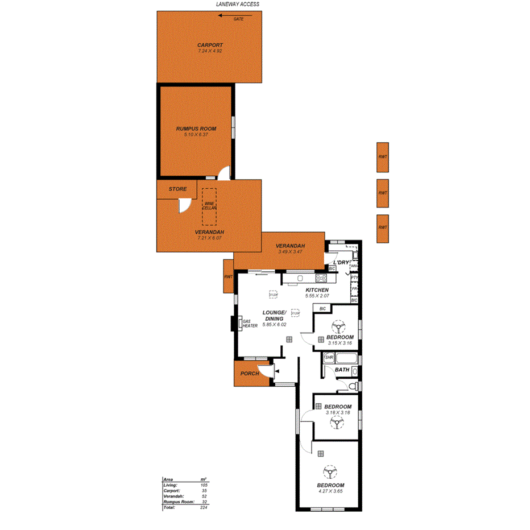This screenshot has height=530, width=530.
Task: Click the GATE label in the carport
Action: (238, 19)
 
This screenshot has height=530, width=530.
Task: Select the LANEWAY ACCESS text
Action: (238, 4)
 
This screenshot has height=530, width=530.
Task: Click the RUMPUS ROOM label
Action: (196, 129)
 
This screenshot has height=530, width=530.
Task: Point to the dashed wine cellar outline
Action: (209, 207)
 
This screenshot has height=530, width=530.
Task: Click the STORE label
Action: (177, 189)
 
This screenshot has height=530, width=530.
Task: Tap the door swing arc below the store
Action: (183, 205)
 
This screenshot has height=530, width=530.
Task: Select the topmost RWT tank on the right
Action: (383, 157)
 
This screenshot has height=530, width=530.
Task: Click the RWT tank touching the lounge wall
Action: (229, 276)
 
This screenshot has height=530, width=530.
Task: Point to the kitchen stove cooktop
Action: (321, 279)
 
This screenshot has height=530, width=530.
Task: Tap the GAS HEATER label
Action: (250, 324)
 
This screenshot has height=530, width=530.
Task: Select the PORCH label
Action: (250, 374)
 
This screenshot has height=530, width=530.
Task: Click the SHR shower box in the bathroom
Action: (328, 358)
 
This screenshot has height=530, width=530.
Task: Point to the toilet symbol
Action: (353, 386)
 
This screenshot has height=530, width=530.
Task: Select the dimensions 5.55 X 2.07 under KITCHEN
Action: (317, 296)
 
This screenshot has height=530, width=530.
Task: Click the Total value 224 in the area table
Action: (204, 507)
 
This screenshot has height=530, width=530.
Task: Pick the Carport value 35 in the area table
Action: (204, 490)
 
